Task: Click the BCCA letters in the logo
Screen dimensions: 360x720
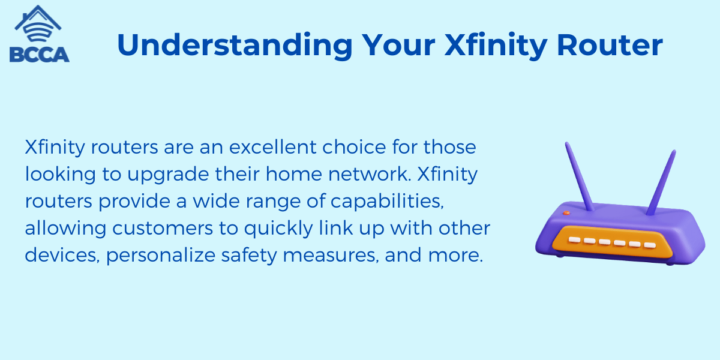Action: click(x=40, y=54)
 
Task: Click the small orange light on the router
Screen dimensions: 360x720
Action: click(x=565, y=212)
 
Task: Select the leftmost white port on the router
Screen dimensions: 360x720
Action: click(x=573, y=239)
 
